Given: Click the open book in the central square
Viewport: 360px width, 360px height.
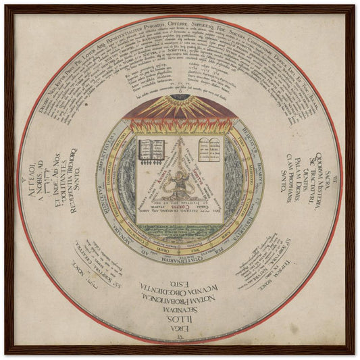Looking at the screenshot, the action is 152,149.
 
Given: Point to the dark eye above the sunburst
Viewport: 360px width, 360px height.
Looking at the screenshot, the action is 180,97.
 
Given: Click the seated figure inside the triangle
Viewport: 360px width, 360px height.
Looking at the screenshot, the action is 180,183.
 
